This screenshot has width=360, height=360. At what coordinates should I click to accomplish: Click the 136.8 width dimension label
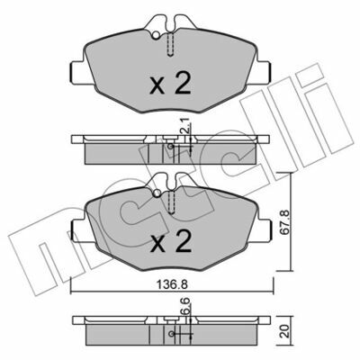pos(173,285)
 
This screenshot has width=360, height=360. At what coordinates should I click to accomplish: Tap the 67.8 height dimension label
pos(285,222)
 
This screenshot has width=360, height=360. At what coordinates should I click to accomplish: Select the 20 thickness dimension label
pos(285,331)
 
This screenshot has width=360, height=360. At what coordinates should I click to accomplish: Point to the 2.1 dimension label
pos(185,126)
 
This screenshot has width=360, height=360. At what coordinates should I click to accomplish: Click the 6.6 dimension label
pos(185,306)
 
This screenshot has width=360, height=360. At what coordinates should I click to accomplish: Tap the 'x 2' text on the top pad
pos(170,84)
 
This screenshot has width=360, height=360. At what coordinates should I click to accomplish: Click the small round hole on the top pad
pos(156,36)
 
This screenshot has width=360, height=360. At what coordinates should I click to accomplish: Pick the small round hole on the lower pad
pos(157,193)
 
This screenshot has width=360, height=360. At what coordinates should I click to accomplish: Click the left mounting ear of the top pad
pos(78,72)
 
